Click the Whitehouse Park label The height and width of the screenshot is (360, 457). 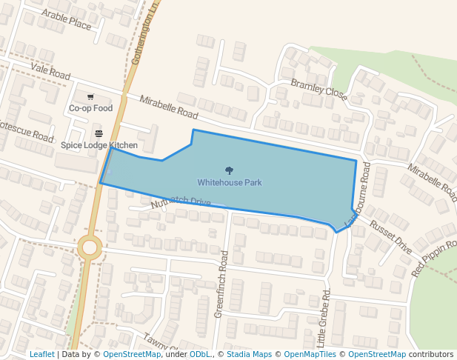229,182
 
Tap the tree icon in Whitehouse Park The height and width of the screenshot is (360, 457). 229,170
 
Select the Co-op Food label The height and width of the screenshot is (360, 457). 90,108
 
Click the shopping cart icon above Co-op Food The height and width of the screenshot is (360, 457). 90,97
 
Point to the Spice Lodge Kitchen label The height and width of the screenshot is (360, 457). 99,145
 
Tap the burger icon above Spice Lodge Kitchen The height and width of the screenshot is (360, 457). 99,133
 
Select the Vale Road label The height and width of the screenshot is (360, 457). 50,71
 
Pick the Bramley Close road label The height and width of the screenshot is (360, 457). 318,89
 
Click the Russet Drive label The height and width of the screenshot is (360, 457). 390,236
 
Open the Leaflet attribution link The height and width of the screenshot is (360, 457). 42,354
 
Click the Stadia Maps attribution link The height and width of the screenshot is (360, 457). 250,354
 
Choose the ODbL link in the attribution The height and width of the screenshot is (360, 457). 200,354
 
